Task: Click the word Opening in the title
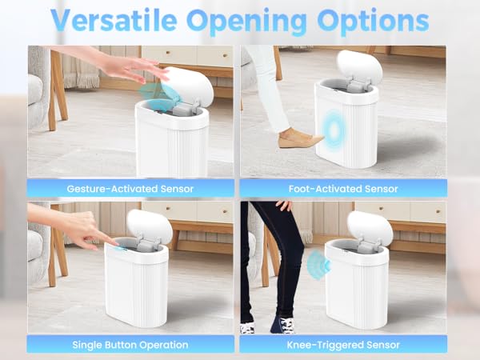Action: [x=259, y=20]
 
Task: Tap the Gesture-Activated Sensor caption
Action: [x=131, y=189]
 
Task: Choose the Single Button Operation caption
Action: [x=131, y=345]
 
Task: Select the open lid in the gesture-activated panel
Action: [x=188, y=84]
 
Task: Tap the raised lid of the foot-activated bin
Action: [x=359, y=68]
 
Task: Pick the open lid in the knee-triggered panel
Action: [x=370, y=227]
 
